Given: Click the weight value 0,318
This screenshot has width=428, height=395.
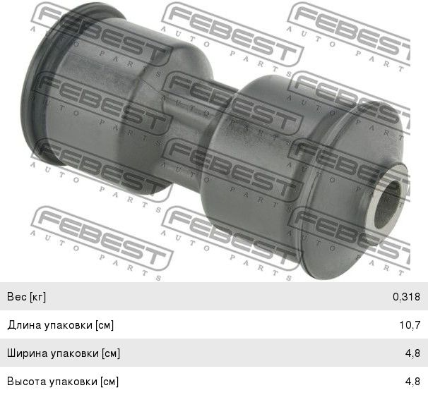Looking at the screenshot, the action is click(x=406, y=296).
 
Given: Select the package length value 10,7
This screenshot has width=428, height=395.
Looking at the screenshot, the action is click(x=410, y=325).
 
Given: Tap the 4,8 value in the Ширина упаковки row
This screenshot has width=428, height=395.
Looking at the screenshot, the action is click(x=412, y=353).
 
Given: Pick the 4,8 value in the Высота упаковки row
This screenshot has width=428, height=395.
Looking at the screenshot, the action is click(x=412, y=382).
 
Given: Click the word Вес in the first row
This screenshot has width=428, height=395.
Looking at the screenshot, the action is click(x=17, y=296).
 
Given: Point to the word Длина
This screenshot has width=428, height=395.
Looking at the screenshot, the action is click(x=24, y=325).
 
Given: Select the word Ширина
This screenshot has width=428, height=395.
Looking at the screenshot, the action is click(x=28, y=353).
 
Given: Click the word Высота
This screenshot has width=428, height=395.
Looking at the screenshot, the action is click(x=26, y=382).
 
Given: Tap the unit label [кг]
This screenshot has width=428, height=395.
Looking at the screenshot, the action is click(x=37, y=297).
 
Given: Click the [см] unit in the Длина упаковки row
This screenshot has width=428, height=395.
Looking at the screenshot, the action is click(x=105, y=325).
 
